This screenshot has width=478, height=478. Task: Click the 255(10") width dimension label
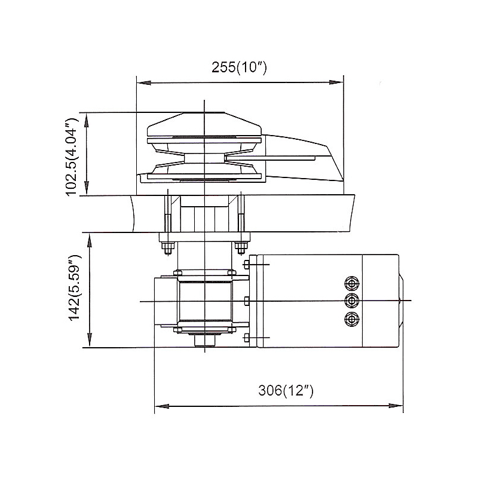(239, 68)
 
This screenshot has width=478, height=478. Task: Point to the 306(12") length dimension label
(286, 391)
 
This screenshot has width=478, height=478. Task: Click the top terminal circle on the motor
(352, 282)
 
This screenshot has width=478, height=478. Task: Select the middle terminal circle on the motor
(352, 300)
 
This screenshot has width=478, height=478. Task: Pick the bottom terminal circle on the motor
(352, 318)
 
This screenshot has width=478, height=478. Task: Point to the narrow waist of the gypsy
(203, 158)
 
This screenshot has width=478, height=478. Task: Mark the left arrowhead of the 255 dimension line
(141, 82)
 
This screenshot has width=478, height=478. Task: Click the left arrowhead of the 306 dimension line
(159, 406)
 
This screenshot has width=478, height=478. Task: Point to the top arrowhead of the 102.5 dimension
(88, 117)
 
